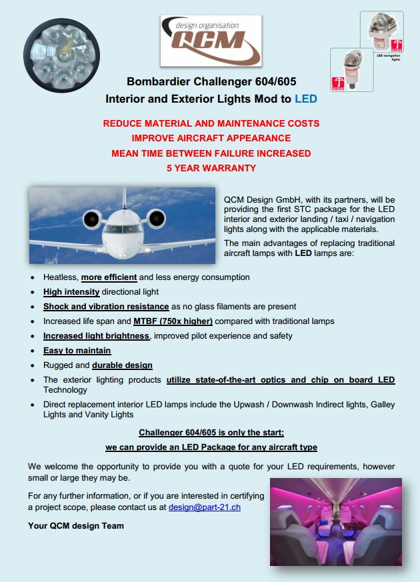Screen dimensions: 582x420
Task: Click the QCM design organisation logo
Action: click(x=210, y=42)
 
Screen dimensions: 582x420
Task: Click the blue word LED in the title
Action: click(x=306, y=99)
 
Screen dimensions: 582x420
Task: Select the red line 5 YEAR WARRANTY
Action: click(x=211, y=168)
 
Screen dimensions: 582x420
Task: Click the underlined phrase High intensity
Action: click(x=71, y=291)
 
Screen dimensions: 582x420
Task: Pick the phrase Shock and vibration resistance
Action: click(x=106, y=306)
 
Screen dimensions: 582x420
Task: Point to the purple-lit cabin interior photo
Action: click(x=335, y=511)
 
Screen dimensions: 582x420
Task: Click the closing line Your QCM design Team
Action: click(x=76, y=525)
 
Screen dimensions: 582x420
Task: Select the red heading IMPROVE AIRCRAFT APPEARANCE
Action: click(x=211, y=138)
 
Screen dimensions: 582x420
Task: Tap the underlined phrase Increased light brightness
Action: click(x=96, y=335)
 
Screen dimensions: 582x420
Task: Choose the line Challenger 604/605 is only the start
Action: click(x=211, y=432)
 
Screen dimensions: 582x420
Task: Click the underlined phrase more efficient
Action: click(x=109, y=277)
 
